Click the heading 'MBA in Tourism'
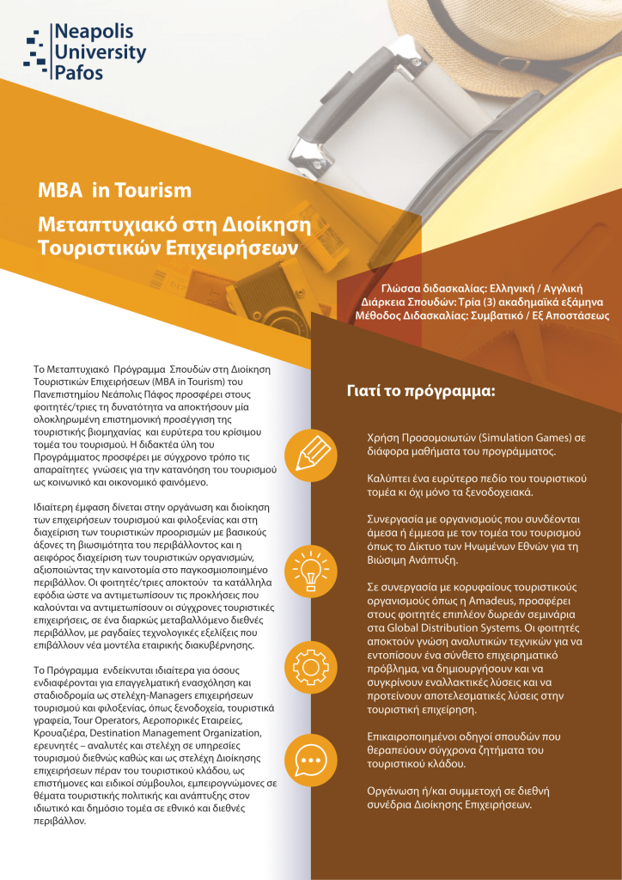click(x=114, y=190)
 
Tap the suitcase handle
click(x=344, y=95)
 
